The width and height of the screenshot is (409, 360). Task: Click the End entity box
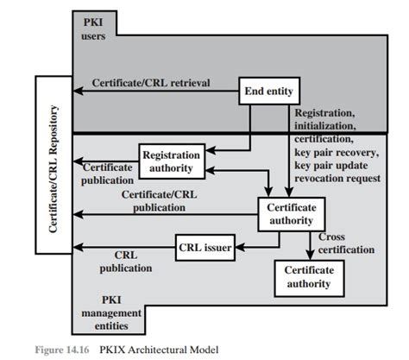point(269,91)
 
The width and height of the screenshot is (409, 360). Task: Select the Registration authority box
point(172,161)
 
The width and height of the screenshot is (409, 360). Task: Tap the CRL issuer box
point(205,248)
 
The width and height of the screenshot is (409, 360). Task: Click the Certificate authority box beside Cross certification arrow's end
point(309,278)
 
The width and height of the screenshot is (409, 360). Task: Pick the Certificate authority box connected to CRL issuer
point(292,214)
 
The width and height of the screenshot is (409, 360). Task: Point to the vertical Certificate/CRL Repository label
point(53,169)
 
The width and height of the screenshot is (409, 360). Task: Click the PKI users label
point(93,29)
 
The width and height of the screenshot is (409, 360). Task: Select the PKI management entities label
point(111,313)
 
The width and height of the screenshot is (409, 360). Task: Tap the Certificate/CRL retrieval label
point(151,83)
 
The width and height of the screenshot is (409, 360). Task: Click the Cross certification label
point(346,243)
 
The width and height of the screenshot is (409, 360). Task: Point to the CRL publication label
point(126,262)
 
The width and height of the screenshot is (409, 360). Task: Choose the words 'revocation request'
point(337,179)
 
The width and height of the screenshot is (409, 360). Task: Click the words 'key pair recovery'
point(337,152)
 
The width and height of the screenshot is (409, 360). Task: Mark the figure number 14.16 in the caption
point(78,350)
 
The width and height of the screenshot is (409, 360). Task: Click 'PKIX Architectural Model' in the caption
point(159,350)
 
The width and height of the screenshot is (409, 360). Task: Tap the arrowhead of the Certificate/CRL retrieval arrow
point(78,91)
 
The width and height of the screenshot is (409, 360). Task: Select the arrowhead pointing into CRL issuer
point(240,247)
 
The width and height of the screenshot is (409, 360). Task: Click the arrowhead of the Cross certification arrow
point(310,255)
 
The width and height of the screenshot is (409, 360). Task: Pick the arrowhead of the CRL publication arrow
point(78,247)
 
